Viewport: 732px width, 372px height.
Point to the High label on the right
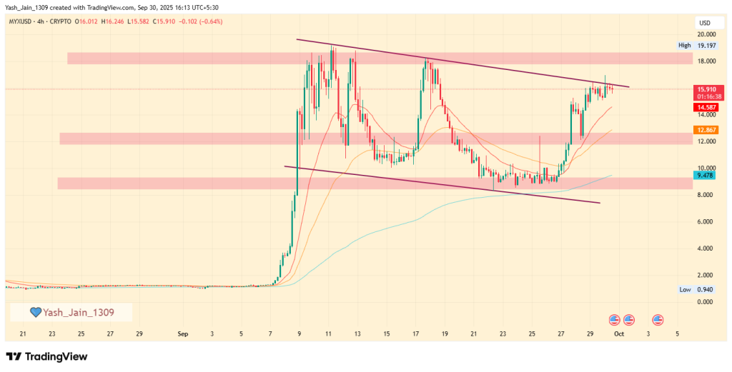pos(684,46)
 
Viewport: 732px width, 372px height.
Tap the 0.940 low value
pos(706,289)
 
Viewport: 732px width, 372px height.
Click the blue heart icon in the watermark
pos(35,312)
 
